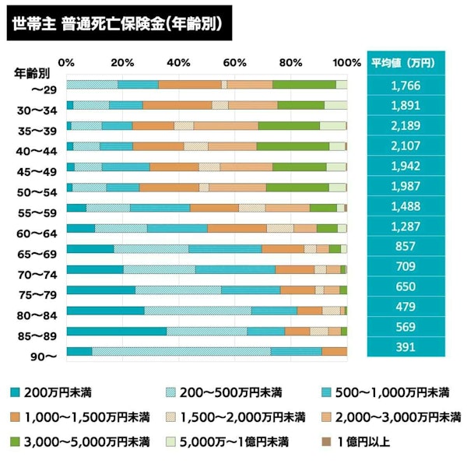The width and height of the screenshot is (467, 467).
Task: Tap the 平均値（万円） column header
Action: pyautogui.click(x=406, y=63)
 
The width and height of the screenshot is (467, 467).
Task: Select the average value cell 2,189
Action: pyautogui.click(x=406, y=125)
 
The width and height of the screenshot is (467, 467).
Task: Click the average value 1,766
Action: pyautogui.click(x=406, y=85)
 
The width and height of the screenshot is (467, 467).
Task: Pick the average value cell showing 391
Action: pyautogui.click(x=406, y=348)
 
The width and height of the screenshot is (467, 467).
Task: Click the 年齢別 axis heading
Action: pyautogui.click(x=32, y=75)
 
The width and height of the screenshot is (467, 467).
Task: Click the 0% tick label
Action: pyautogui.click(x=67, y=62)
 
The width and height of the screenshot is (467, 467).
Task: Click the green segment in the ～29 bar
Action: pyautogui.click(x=304, y=85)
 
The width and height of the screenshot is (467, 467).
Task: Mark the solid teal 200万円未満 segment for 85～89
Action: pyautogui.click(x=116, y=331)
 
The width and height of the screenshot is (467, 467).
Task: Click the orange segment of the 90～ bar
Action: pyautogui.click(x=334, y=351)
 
